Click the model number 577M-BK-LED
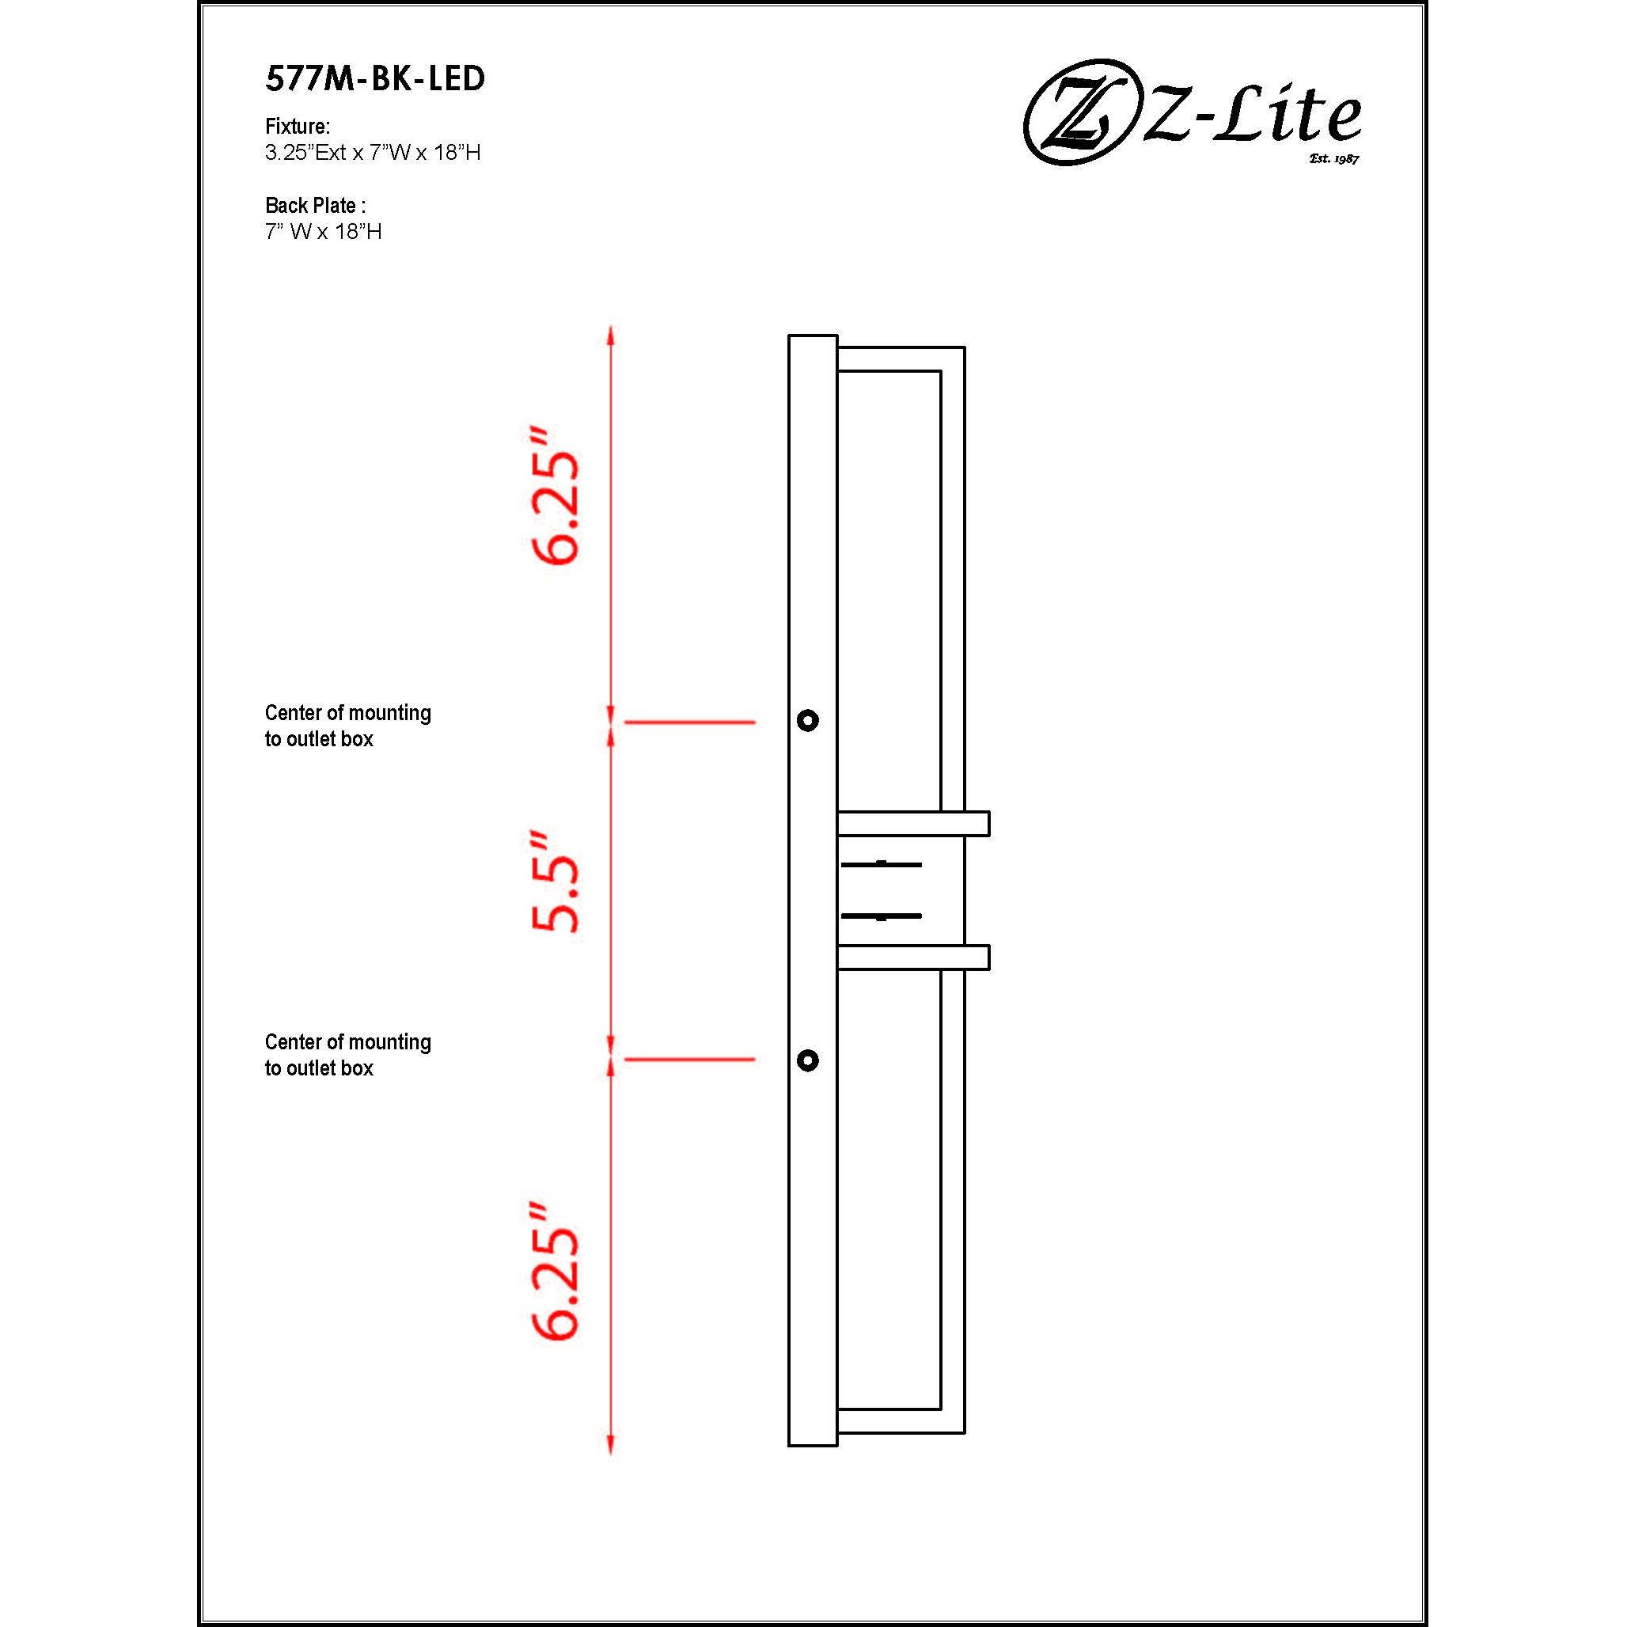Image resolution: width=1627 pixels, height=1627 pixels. (x=375, y=79)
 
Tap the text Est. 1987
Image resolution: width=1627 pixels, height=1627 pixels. (x=1334, y=159)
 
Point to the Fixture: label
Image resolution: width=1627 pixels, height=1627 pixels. (x=298, y=127)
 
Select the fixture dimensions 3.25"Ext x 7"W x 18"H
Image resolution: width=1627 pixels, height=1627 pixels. (x=372, y=154)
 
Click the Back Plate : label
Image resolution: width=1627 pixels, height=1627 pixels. (x=315, y=206)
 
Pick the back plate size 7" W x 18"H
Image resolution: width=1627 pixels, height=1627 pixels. (x=324, y=232)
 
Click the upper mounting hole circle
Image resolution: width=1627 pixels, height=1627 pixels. (x=808, y=721)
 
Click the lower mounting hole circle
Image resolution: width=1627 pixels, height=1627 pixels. (x=808, y=1060)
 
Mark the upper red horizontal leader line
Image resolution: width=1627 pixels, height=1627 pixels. (x=690, y=722)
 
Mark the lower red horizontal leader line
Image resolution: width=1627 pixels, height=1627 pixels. (x=690, y=1060)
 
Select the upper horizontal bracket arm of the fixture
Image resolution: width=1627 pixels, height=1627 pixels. (x=913, y=824)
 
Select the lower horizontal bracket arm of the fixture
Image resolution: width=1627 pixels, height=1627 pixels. (x=913, y=958)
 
